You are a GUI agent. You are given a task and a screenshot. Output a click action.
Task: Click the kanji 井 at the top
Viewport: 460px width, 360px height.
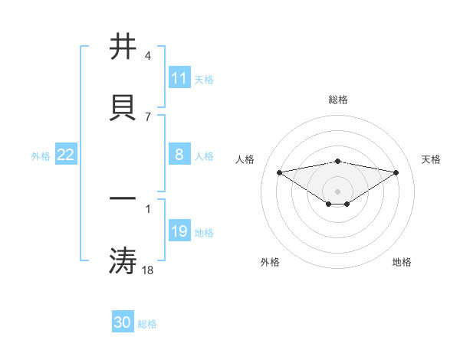pyautogui.click(x=123, y=47)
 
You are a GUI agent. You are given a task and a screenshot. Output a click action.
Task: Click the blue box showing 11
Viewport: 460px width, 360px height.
pyautogui.click(x=179, y=78)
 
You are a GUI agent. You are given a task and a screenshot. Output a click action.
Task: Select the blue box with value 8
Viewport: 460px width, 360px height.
pyautogui.click(x=179, y=155)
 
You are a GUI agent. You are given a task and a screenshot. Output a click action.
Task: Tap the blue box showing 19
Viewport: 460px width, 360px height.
pyautogui.click(x=179, y=231)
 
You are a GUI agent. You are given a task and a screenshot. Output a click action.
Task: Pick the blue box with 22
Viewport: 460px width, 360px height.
pyautogui.click(x=65, y=155)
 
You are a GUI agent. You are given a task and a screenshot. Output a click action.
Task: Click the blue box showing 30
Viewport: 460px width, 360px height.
pyautogui.click(x=123, y=322)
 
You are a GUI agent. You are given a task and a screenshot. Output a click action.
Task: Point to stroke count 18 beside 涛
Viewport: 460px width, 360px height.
pyautogui.click(x=149, y=270)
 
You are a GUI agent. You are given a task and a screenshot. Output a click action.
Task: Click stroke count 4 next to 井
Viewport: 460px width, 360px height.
pyautogui.click(x=147, y=56)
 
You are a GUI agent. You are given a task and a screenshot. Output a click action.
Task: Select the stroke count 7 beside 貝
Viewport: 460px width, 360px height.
pyautogui.click(x=147, y=116)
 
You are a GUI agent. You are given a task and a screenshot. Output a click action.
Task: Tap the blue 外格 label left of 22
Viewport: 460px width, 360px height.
pyautogui.click(x=41, y=155)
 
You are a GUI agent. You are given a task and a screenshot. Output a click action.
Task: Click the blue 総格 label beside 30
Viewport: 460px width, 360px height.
pyautogui.click(x=147, y=324)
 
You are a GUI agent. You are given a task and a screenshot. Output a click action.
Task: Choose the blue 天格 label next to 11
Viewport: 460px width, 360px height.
pyautogui.click(x=204, y=79)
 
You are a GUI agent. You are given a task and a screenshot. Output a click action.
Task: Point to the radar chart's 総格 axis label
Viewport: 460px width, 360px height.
pyautogui.click(x=338, y=100)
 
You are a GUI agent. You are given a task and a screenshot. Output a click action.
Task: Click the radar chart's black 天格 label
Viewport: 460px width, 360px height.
pyautogui.click(x=432, y=159)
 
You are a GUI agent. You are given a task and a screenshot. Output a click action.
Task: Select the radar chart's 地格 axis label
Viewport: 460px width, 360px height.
pyautogui.click(x=402, y=262)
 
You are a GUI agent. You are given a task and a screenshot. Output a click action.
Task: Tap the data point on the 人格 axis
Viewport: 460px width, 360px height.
pyautogui.click(x=279, y=172)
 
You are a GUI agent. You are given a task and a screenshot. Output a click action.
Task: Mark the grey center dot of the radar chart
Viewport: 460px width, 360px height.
pyautogui.click(x=338, y=191)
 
